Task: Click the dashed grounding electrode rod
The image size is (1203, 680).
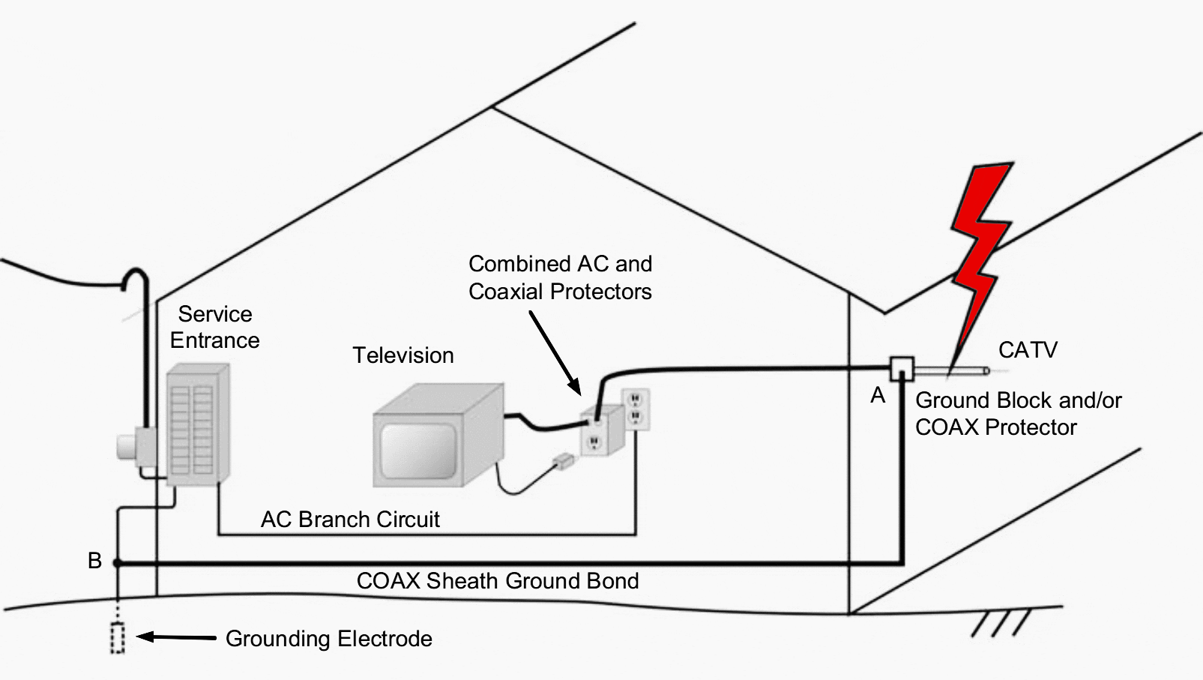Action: click(118, 638)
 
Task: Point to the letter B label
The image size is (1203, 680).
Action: click(94, 561)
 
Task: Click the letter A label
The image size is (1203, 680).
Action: click(878, 396)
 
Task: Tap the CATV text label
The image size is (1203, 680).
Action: click(1027, 350)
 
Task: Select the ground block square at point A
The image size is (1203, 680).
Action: click(901, 369)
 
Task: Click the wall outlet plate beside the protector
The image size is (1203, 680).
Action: click(636, 409)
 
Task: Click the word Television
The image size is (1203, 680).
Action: click(403, 355)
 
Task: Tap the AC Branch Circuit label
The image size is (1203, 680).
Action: click(350, 520)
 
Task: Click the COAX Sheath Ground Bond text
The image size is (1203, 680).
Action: click(498, 581)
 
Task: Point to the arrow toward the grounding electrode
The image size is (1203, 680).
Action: click(177, 637)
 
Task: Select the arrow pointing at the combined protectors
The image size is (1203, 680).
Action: click(555, 352)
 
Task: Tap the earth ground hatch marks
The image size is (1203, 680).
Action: click(1001, 623)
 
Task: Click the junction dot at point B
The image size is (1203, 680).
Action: click(117, 562)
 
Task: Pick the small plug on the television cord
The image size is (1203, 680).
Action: click(562, 461)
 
